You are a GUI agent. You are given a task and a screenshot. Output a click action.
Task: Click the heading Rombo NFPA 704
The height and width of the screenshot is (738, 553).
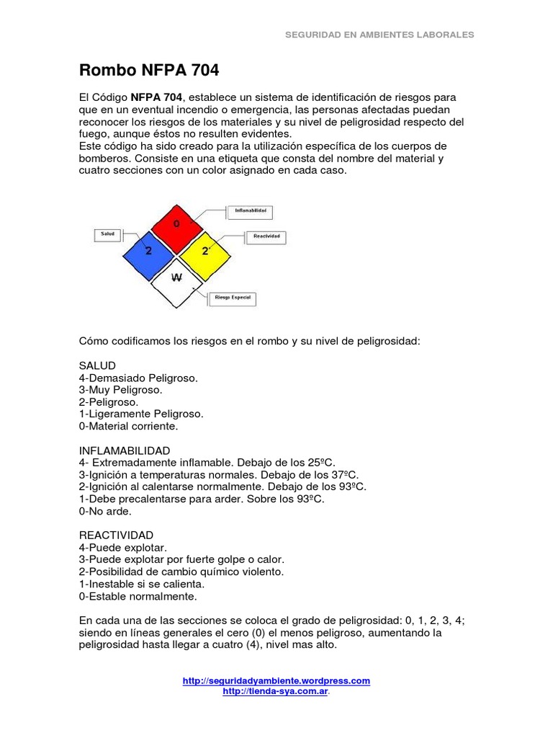click(148, 71)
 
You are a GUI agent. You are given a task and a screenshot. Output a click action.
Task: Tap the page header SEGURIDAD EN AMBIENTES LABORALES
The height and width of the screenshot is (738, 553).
click(379, 34)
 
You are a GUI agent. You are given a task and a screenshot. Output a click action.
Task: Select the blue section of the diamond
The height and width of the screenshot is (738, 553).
click(148, 252)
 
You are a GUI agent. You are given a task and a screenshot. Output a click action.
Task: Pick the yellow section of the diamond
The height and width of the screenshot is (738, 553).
click(204, 252)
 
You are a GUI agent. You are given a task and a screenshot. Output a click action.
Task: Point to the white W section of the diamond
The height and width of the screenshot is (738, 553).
click(176, 278)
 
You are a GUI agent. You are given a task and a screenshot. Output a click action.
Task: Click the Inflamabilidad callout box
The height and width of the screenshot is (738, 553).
click(250, 211)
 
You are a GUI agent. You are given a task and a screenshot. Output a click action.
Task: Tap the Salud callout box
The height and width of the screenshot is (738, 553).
click(107, 234)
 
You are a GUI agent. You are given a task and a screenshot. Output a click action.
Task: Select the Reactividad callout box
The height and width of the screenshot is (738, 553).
click(266, 236)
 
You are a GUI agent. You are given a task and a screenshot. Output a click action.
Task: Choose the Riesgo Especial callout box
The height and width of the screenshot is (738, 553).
click(233, 298)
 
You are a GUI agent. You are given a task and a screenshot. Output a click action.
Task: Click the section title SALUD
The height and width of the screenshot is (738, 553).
click(97, 366)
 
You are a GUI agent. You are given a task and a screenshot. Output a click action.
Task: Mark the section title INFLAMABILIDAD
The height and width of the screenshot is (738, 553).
click(125, 450)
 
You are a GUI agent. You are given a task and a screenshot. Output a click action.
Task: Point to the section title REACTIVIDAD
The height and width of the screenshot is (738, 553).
click(116, 535)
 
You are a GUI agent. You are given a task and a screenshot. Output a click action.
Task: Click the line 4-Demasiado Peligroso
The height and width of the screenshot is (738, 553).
click(138, 378)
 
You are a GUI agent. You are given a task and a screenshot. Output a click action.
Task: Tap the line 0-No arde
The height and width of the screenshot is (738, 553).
click(106, 511)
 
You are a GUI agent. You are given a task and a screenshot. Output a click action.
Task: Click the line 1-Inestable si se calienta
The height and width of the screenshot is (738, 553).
click(142, 584)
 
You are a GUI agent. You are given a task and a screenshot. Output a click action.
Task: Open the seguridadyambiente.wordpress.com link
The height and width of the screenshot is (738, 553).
click(276, 680)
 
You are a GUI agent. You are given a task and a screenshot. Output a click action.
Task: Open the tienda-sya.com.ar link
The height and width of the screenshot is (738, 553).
click(276, 691)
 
